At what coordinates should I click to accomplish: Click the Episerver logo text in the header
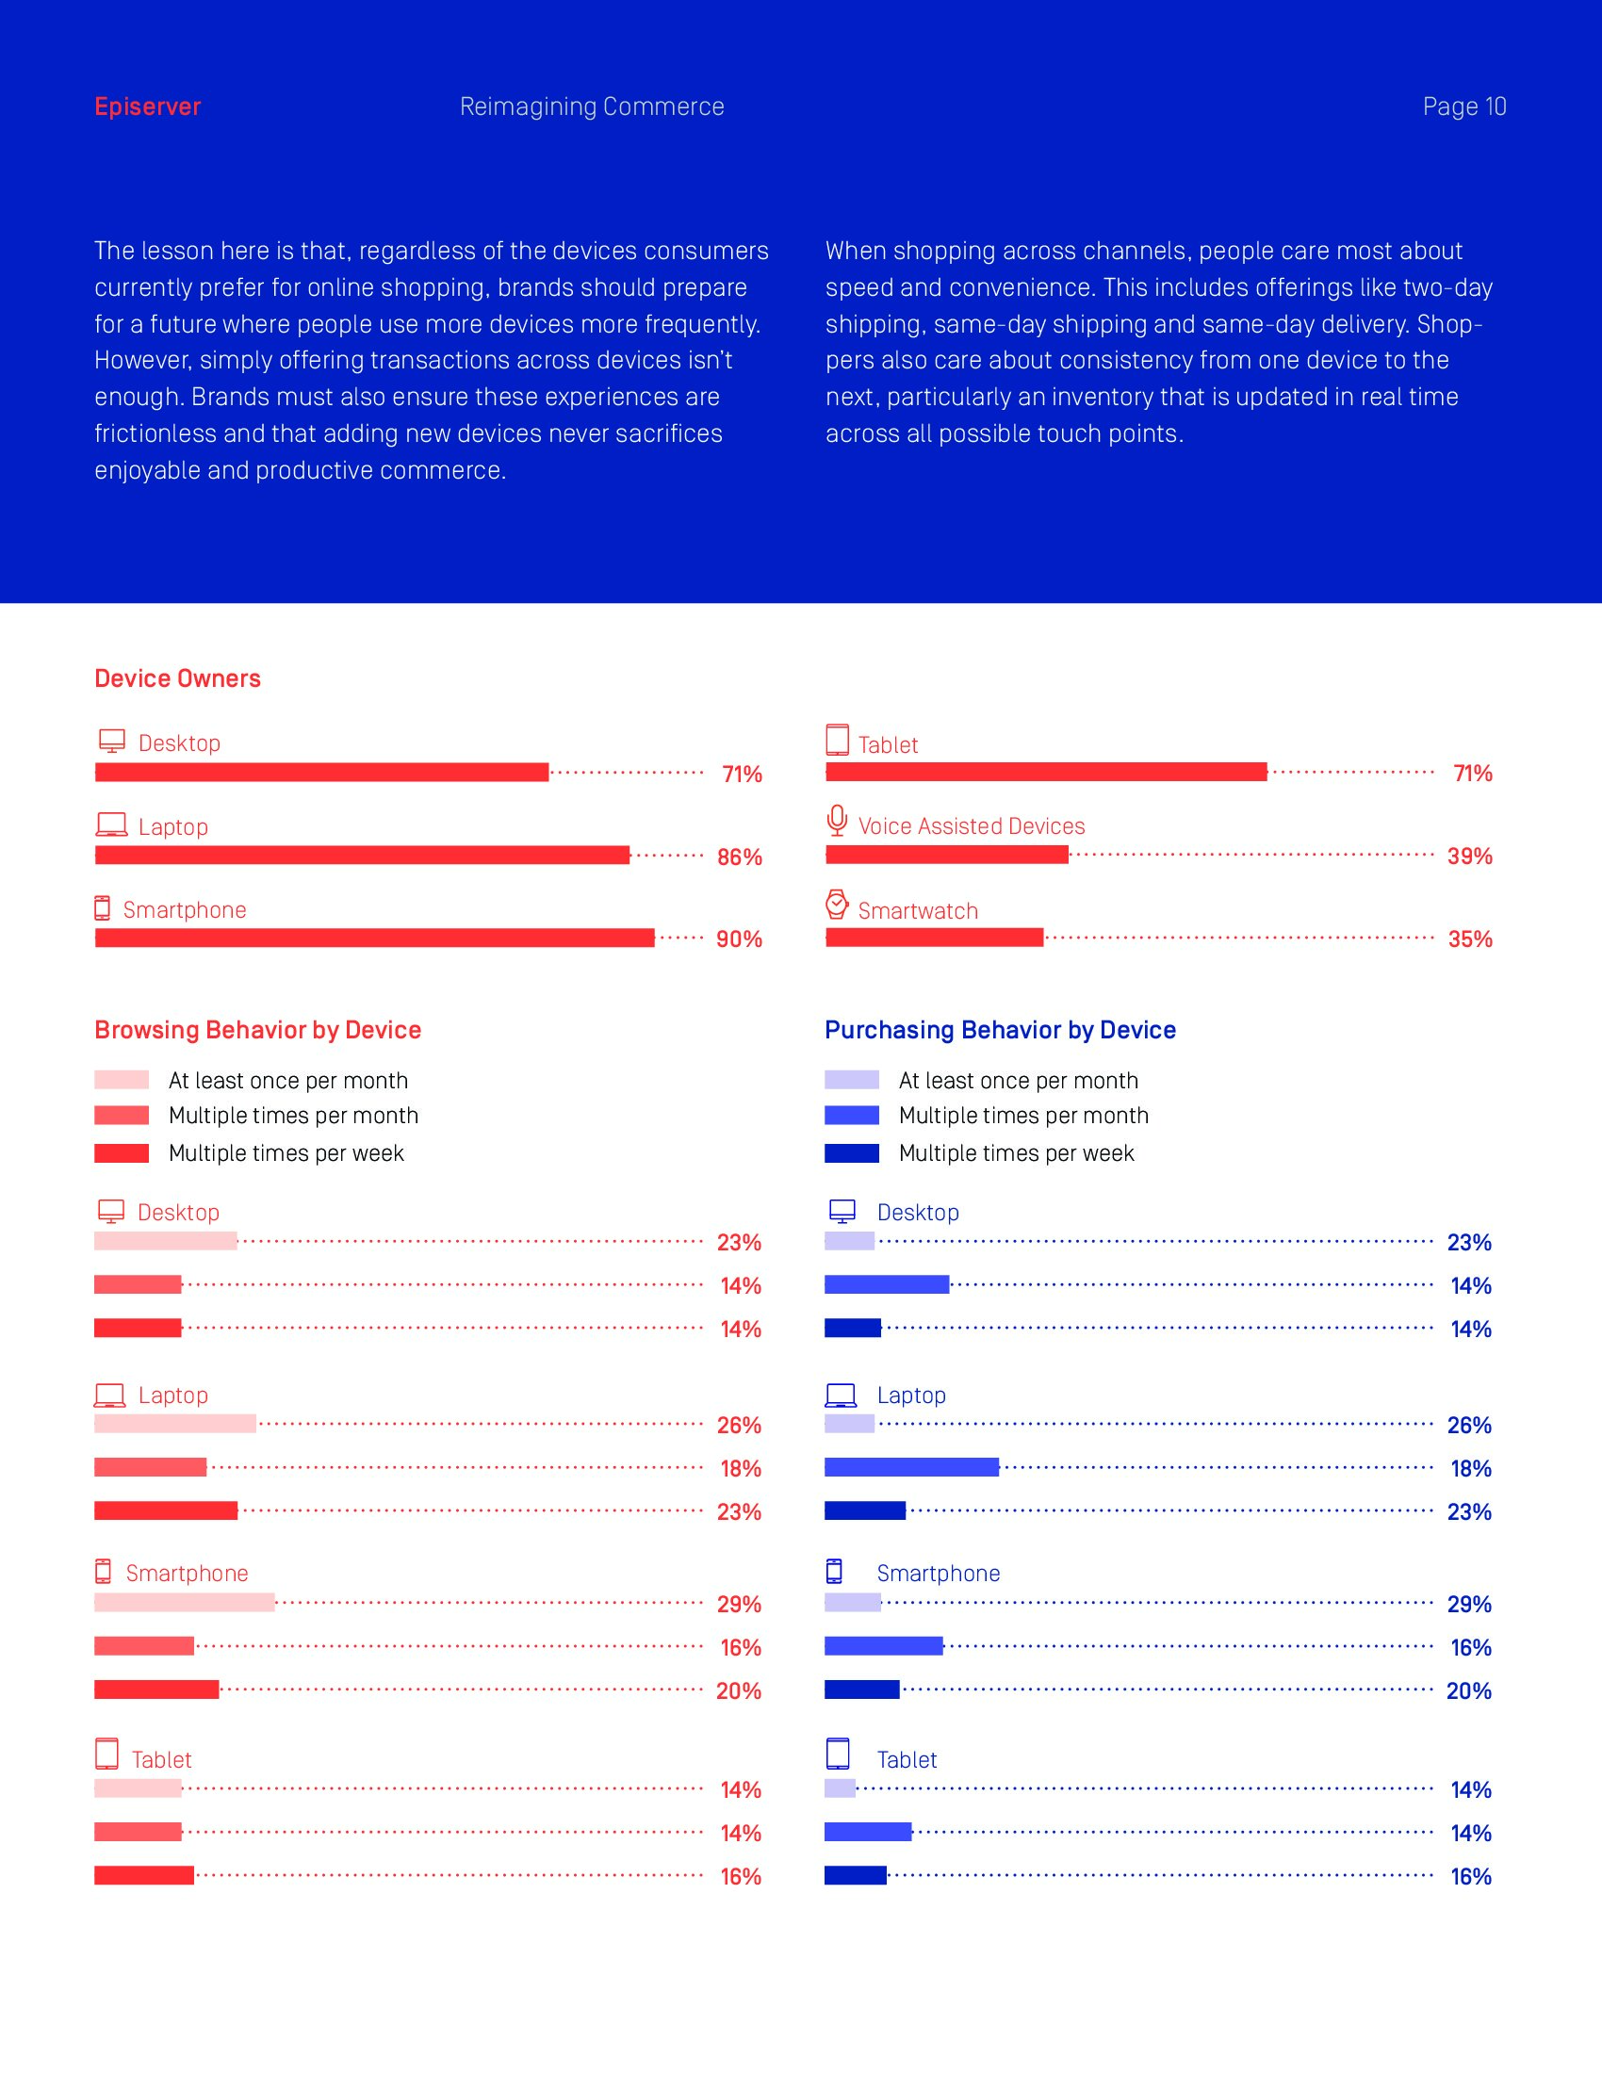[147, 106]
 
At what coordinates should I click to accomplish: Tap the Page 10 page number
[1463, 106]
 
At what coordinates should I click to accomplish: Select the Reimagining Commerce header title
[591, 106]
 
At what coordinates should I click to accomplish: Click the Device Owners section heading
[177, 678]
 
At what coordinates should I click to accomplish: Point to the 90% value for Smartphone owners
[739, 939]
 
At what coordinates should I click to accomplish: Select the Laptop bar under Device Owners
[362, 856]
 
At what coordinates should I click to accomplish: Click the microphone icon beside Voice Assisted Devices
[836, 821]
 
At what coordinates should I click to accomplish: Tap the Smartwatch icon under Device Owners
[836, 905]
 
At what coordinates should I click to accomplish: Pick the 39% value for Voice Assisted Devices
[1469, 857]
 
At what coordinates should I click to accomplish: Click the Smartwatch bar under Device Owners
[934, 938]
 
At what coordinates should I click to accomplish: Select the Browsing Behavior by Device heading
[257, 1030]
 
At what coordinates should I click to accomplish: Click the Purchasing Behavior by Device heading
[999, 1030]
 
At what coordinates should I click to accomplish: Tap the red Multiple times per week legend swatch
[122, 1153]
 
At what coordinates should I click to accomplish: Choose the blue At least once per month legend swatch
[851, 1080]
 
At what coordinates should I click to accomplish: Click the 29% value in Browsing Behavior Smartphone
[739, 1604]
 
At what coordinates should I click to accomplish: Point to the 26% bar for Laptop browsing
[174, 1424]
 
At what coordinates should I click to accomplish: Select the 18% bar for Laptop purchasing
[911, 1467]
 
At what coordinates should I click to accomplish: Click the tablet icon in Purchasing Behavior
[837, 1755]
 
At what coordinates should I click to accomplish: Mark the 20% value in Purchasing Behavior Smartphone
[1468, 1690]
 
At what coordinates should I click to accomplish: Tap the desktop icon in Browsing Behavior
[111, 1211]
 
